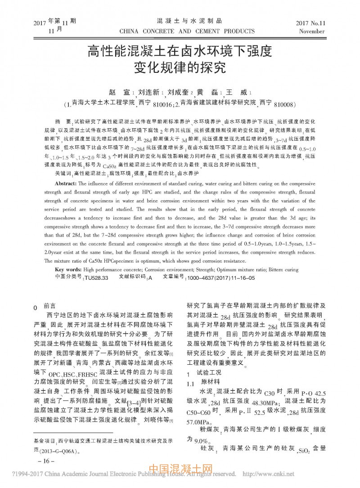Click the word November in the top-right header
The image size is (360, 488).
tap(311, 31)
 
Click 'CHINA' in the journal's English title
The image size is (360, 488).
tap(130, 31)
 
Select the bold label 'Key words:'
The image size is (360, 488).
tap(68, 269)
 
